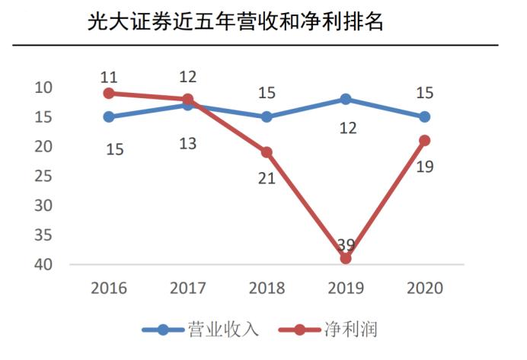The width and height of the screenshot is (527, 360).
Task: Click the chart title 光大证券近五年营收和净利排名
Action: click(x=235, y=22)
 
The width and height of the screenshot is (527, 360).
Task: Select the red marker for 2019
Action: click(x=346, y=258)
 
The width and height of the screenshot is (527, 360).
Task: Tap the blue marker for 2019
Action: click(x=346, y=99)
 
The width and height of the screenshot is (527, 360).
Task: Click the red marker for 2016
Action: click(x=109, y=93)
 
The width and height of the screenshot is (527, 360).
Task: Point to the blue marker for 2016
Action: click(x=109, y=116)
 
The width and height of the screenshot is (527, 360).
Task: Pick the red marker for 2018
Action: click(x=267, y=152)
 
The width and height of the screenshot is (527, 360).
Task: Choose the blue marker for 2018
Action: click(x=267, y=116)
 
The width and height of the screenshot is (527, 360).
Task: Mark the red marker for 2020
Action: click(x=424, y=140)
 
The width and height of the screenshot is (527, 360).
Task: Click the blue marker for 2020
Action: click(x=424, y=116)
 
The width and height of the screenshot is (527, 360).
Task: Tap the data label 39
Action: click(x=346, y=244)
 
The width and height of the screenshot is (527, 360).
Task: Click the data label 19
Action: click(x=424, y=166)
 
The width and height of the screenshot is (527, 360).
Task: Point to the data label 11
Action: click(x=109, y=77)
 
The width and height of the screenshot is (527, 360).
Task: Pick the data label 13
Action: click(x=187, y=142)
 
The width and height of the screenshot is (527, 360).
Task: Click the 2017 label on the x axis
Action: click(x=187, y=288)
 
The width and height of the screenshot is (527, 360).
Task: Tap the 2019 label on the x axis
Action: click(x=346, y=288)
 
